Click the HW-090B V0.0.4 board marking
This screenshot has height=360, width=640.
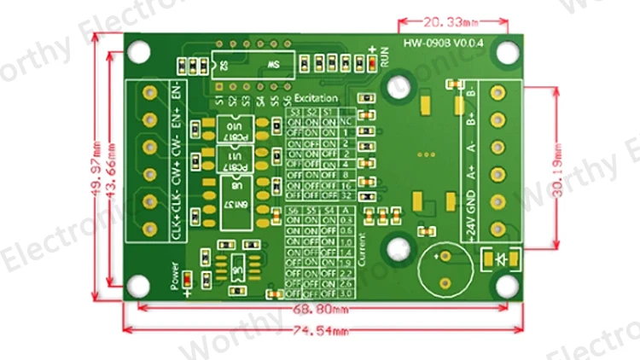(x=442, y=43)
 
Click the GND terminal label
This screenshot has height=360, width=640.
(x=470, y=200)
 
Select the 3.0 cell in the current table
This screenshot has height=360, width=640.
(x=346, y=293)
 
